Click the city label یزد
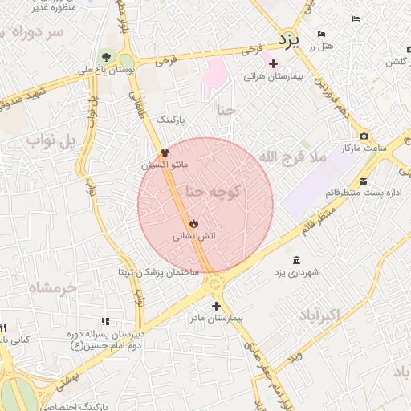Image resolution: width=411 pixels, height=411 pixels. point(287,39)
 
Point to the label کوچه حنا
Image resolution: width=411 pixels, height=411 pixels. point(214,192)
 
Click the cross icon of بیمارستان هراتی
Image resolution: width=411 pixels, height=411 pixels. point(274,63)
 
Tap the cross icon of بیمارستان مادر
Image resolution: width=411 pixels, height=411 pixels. point(216,306)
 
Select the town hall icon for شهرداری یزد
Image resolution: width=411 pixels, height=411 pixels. point(297,260)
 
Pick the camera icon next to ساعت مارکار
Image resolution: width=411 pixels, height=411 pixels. point(364,136)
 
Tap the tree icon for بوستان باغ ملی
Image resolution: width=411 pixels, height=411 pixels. point(105,56)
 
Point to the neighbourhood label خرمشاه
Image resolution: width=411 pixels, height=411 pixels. point(52,287)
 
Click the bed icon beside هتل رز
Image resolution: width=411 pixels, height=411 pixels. point(321,34)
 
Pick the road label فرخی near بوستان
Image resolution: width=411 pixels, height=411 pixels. point(165,59)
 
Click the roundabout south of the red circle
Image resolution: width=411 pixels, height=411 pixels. point(214,283)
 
